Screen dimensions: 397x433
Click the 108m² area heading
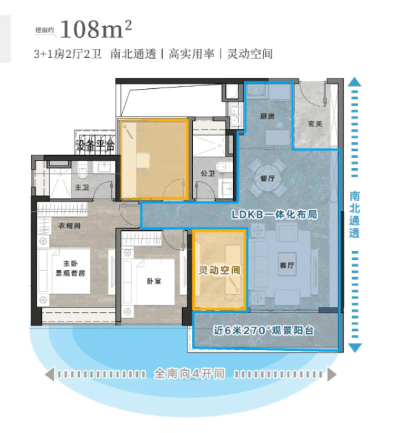(96, 29)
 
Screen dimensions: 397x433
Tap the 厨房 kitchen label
(267, 117)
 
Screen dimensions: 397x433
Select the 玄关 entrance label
(315, 123)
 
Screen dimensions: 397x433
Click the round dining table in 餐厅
(267, 178)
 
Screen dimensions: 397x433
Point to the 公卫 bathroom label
(207, 174)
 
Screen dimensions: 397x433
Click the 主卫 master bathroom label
(82, 188)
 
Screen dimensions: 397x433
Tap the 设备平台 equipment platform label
(96, 145)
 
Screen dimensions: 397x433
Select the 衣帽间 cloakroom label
(70, 225)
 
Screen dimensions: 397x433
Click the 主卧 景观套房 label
(70, 268)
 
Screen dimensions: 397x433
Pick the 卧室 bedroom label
(154, 281)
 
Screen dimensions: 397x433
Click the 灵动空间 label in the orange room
(219, 270)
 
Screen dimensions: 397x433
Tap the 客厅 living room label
(287, 265)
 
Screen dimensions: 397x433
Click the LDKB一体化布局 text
(274, 214)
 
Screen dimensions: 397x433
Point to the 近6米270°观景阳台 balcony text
(264, 330)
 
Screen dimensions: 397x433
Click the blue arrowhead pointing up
(354, 82)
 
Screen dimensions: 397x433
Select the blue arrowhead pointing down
(355, 348)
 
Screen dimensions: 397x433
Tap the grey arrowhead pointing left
(50, 374)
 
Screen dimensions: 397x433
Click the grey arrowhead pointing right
(332, 374)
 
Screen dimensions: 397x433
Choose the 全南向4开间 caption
(189, 374)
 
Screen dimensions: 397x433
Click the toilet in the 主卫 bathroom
(83, 170)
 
